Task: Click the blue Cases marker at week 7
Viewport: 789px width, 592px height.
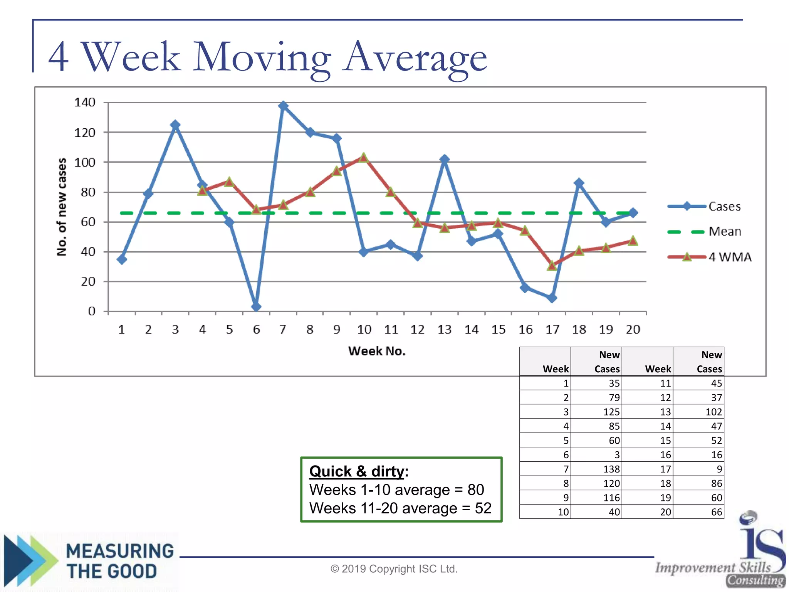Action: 283,106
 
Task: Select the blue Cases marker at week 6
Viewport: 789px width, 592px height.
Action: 256,307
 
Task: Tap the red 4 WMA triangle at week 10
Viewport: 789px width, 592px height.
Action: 364,158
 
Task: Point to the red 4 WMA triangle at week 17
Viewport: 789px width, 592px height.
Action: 552,266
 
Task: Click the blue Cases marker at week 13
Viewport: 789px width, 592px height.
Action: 445,159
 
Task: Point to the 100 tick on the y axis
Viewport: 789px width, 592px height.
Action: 84,162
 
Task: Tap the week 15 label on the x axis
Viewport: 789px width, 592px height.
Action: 498,330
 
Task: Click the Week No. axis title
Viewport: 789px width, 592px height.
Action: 377,351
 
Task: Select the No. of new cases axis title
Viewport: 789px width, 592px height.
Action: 62,207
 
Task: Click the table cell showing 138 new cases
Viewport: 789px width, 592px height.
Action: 611,469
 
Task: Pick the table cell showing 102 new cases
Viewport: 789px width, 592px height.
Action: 713,412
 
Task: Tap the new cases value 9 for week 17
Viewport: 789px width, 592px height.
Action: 719,469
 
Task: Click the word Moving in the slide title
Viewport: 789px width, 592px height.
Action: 262,58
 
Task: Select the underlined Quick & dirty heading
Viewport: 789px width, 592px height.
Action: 357,471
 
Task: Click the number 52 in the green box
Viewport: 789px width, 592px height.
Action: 483,508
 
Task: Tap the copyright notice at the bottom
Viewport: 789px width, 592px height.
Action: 394,569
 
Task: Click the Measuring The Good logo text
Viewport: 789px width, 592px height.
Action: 119,561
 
